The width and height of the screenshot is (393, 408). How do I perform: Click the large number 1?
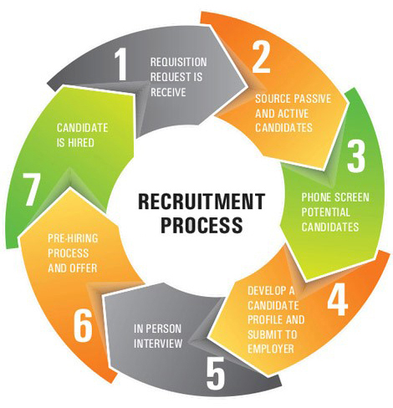tap(122, 64)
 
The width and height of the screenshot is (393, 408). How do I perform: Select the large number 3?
tap(356, 156)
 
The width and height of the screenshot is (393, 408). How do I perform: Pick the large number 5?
tap(215, 373)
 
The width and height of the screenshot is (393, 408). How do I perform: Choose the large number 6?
tap(83, 326)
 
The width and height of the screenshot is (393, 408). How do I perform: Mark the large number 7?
tap(32, 192)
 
